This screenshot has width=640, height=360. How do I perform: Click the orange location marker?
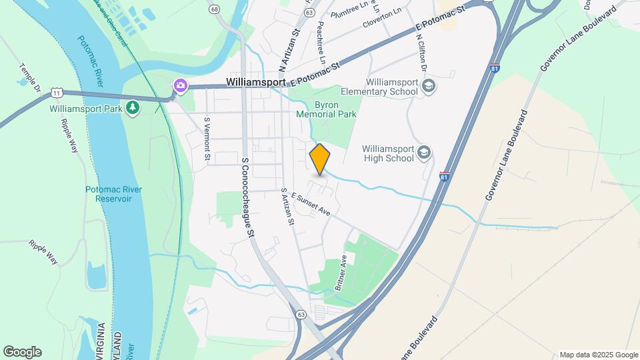[320, 159]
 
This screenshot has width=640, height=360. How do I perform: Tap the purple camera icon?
[180, 85]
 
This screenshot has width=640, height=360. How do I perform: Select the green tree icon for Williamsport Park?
[133, 107]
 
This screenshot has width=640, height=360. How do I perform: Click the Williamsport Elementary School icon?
[429, 86]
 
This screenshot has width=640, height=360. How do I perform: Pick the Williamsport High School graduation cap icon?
[423, 154]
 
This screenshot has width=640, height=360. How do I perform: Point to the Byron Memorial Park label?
[335, 110]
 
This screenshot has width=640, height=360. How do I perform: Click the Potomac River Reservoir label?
[113, 194]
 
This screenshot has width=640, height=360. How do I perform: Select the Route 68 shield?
[213, 9]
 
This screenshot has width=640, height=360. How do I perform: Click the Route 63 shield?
[301, 313]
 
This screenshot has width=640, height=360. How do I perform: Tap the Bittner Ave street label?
[341, 272]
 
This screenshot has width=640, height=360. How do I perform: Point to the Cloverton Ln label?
[383, 17]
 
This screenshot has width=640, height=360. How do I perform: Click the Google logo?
[22, 352]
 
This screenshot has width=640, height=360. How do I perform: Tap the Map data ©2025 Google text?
[598, 355]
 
